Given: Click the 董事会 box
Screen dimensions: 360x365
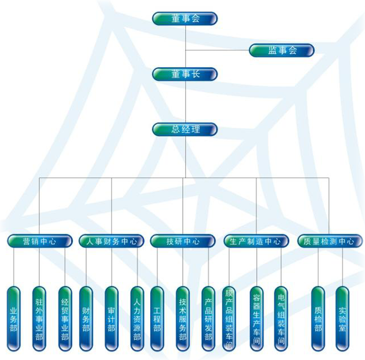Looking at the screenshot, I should [x=185, y=18].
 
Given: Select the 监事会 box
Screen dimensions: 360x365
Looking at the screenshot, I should [x=282, y=50].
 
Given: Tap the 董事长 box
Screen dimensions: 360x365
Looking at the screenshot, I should [x=185, y=74].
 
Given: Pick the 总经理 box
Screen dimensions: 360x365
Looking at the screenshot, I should [x=185, y=129].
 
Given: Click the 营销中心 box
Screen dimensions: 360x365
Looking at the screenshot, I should [x=39, y=242].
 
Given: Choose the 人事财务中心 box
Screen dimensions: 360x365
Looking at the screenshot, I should [x=112, y=242].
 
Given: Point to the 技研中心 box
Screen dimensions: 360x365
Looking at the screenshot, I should [x=183, y=242].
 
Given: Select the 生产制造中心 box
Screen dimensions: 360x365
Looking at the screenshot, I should [x=256, y=242].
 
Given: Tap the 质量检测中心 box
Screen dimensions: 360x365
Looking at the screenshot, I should [x=328, y=242].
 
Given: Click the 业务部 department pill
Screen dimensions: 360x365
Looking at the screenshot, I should [x=14, y=319].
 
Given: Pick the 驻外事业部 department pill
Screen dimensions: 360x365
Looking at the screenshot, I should [x=39, y=319].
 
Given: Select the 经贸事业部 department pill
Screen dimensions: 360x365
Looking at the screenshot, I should [x=65, y=319].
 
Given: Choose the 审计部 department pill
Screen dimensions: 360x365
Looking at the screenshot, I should [x=112, y=319].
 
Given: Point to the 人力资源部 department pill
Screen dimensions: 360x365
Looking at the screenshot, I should [x=137, y=319].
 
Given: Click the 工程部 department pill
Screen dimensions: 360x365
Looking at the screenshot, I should [x=157, y=319].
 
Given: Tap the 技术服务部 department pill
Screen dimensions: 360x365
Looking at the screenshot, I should [x=183, y=319].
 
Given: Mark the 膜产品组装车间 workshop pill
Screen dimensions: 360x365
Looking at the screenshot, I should [x=230, y=319].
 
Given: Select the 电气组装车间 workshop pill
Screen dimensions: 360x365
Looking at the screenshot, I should [x=281, y=319].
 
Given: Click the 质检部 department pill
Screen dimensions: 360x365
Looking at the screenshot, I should [x=318, y=319].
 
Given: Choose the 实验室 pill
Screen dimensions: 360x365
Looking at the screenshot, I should [x=342, y=319].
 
